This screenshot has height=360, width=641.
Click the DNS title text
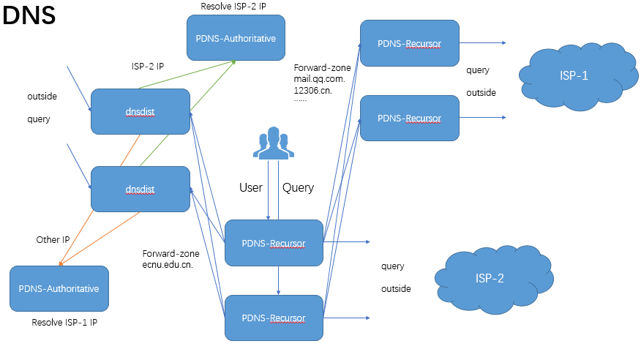29,17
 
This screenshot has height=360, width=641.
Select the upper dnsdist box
140,111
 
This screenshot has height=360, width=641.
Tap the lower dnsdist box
140,188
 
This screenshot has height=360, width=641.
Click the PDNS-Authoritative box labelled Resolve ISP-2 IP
235,38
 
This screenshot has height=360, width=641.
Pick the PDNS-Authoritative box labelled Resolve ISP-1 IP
59,288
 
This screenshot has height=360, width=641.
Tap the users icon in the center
274,143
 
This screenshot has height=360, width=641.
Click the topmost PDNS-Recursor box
409,44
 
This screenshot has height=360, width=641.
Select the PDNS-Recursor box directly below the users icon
274,243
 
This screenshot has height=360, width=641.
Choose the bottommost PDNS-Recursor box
274,318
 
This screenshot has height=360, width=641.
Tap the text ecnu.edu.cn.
168,265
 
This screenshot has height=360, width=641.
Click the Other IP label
53,239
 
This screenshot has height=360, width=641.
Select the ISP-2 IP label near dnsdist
142,66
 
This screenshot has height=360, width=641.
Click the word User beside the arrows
251,188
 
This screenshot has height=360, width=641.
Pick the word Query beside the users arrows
298,188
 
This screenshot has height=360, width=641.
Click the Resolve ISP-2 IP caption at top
233,6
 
